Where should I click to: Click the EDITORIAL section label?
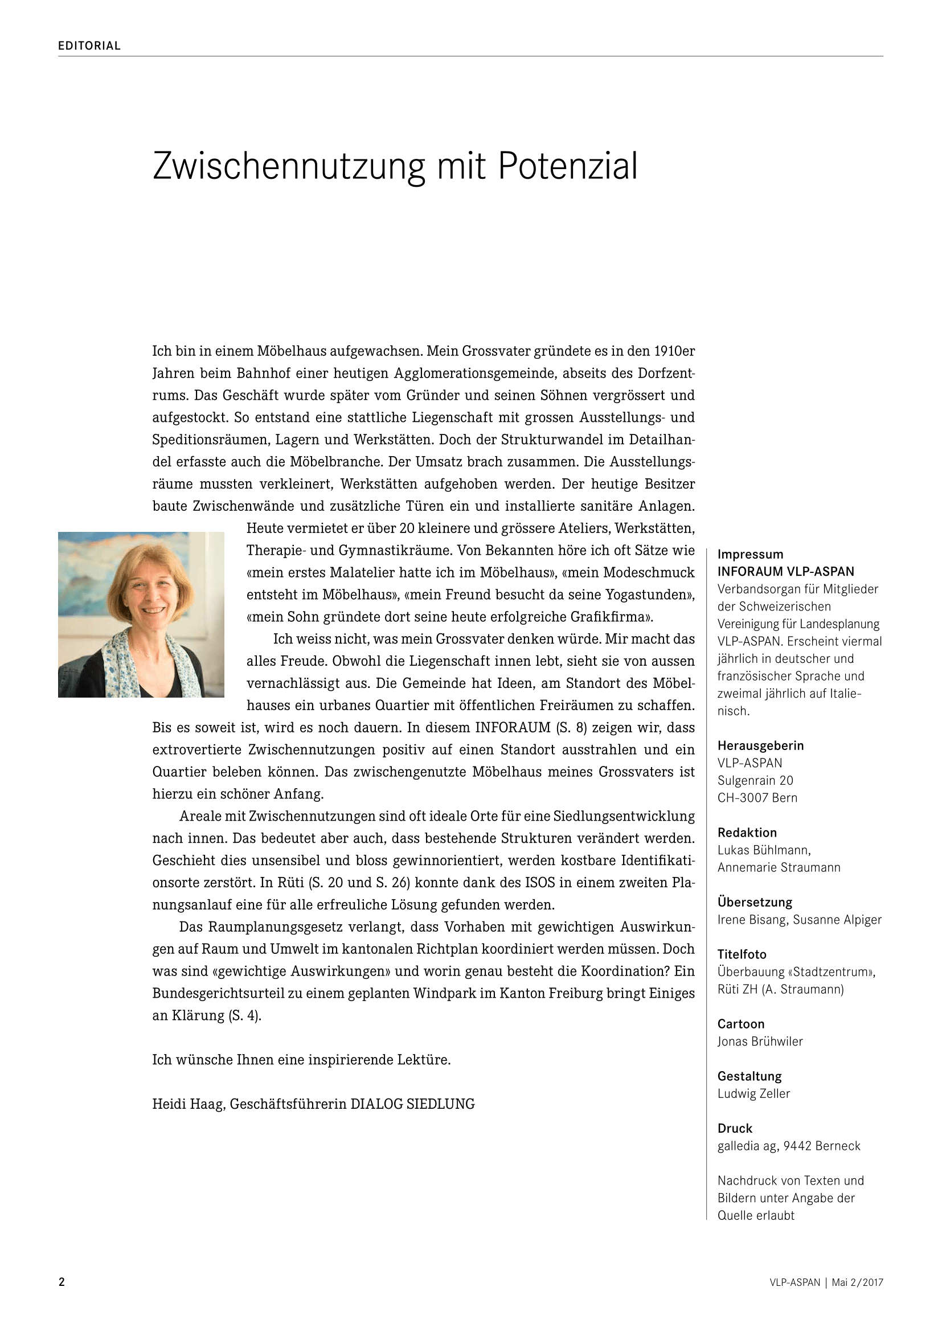coord(89,46)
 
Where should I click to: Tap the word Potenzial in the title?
coord(567,166)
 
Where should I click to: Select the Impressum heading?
coord(750,555)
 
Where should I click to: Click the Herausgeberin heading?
coord(760,745)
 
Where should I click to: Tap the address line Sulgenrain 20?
coord(755,780)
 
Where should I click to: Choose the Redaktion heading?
coord(747,833)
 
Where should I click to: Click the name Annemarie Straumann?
coord(779,867)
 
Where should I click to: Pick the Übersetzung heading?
coord(755,902)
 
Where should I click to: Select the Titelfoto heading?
coord(742,954)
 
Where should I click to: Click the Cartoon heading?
coord(741,1024)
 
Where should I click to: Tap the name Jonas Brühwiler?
coord(760,1042)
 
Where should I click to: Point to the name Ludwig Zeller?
coord(753,1093)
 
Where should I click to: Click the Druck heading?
coord(734,1128)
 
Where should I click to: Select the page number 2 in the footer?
coord(62,1282)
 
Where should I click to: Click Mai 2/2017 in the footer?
coord(857,1282)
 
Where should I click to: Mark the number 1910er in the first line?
coord(674,351)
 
